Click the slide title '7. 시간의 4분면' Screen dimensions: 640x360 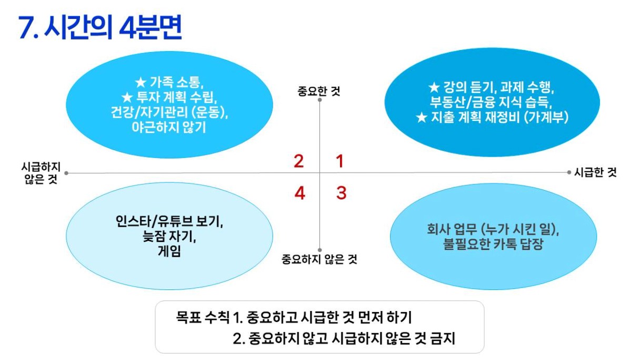[x=100, y=27]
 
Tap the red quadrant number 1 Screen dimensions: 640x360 [x=339, y=161]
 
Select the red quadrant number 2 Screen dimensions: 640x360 [x=299, y=161]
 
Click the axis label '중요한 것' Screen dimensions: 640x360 [x=319, y=91]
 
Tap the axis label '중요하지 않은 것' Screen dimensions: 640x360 [x=319, y=259]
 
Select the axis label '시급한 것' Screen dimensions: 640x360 [x=595, y=172]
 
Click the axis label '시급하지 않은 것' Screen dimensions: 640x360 [x=41, y=173]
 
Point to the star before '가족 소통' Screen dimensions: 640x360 [x=141, y=83]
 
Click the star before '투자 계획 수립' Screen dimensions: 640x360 [x=127, y=98]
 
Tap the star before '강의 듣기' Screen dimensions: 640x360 [x=434, y=87]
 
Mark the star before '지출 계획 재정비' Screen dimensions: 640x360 [x=422, y=117]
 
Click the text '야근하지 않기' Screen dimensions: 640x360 [x=169, y=127]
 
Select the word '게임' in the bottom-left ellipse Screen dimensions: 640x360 [x=169, y=252]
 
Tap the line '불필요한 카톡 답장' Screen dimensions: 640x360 [x=493, y=244]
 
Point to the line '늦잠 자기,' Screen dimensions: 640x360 [x=169, y=236]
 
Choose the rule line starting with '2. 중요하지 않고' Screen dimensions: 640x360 [x=344, y=338]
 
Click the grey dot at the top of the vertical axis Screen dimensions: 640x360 [x=319, y=99]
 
